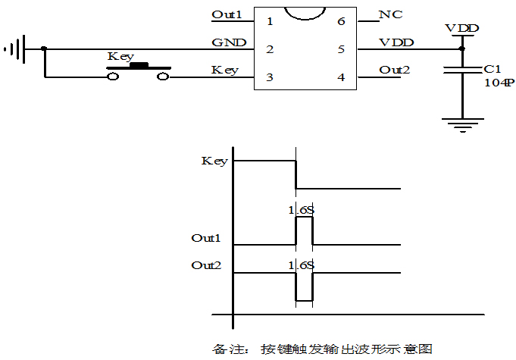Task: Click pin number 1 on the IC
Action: tap(270, 20)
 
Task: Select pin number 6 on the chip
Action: tap(341, 20)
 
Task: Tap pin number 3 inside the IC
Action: tap(270, 77)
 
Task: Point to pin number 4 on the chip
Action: tap(341, 77)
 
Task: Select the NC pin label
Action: tap(390, 14)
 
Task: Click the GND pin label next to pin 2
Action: tap(228, 42)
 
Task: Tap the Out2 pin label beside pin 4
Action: tap(394, 70)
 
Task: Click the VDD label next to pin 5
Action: tap(396, 42)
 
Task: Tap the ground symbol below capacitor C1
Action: tap(461, 124)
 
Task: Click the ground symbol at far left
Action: tap(15, 50)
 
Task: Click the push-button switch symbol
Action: tap(138, 71)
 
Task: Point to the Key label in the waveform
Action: tap(214, 161)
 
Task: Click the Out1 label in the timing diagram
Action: tap(205, 238)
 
